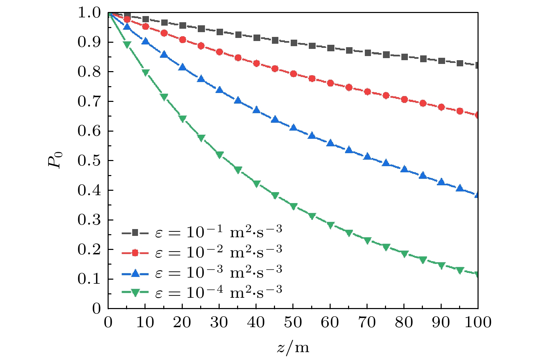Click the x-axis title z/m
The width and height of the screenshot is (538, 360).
pos(293,348)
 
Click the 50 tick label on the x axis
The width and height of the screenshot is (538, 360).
pos(293,322)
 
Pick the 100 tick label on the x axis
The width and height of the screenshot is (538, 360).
pos(478,322)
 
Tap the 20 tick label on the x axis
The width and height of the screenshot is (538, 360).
pos(182,322)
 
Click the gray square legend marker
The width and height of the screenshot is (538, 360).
pos(135,233)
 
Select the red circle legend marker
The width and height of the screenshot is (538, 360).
pos(135,253)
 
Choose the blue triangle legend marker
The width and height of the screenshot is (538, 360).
pos(135,273)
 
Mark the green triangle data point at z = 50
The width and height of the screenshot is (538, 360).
pos(293,206)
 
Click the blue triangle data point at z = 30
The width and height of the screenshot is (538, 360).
pos(219,91)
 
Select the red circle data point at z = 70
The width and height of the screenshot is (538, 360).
pos(368,92)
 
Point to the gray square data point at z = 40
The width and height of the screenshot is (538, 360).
pos(257,38)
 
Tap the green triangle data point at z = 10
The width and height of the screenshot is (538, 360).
pos(146,72)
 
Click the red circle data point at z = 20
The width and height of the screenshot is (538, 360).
pos(182,40)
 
